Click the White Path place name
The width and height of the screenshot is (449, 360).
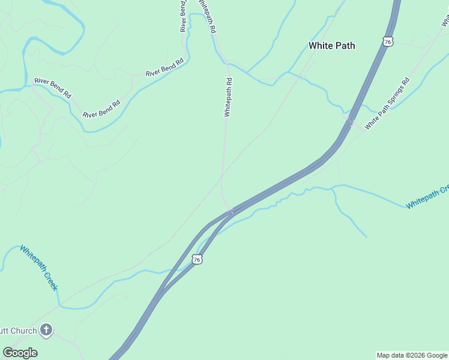(x=331, y=46)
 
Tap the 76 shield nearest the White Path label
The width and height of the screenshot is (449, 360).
(x=388, y=41)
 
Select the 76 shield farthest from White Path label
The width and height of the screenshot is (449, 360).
(x=197, y=259)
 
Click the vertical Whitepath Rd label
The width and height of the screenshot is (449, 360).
(x=228, y=97)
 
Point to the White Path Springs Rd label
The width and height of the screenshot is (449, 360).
(x=387, y=103)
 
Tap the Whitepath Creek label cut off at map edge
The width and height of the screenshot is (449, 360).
(x=427, y=197)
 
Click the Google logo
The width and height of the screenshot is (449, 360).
(x=20, y=352)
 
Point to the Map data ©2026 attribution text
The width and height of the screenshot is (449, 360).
(x=412, y=355)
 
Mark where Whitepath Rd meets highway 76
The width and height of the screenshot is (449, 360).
(x=231, y=211)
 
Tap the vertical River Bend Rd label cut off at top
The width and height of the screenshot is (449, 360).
(x=184, y=16)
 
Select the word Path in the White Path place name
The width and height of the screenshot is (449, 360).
(x=345, y=46)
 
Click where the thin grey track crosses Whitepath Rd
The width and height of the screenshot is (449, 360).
(x=223, y=175)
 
